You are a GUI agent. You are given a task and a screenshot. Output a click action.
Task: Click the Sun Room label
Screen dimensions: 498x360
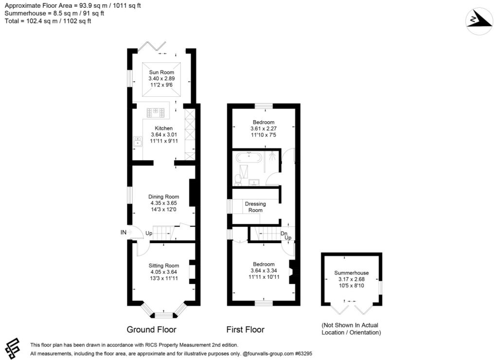click(161, 72)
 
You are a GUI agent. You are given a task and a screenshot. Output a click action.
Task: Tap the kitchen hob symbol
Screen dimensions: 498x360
click(155, 112)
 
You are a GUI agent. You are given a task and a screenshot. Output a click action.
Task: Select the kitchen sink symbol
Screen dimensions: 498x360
click(138, 141)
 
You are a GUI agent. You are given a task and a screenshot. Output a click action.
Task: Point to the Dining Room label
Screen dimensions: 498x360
click(163, 197)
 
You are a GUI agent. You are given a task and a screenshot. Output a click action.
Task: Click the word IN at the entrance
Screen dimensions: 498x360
click(124, 233)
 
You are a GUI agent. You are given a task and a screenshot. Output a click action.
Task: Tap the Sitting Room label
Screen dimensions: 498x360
click(164, 266)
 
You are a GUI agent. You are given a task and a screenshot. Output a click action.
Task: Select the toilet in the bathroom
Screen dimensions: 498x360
click(238, 180)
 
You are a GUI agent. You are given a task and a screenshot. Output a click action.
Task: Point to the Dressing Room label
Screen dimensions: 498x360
click(255, 207)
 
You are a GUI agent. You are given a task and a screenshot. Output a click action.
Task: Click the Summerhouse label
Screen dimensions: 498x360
click(351, 272)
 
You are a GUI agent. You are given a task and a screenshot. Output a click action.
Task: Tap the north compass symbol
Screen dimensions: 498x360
click(479, 21)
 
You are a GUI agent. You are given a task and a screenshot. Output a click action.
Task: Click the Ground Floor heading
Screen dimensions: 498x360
click(152, 329)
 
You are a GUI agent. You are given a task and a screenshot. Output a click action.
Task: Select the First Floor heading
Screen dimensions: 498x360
click(246, 329)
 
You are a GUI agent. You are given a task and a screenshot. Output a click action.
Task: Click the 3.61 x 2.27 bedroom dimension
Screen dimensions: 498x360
click(264, 128)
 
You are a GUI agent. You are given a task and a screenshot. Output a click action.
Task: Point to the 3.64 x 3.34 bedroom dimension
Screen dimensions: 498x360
click(264, 270)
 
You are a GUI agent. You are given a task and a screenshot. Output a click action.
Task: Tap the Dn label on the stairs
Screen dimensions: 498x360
click(284, 234)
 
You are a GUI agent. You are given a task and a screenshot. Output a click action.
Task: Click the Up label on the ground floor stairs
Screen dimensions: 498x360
click(149, 233)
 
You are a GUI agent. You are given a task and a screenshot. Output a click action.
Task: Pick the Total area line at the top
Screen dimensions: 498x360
click(48, 21)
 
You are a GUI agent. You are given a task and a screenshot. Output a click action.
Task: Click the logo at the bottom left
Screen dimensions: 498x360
click(13, 348)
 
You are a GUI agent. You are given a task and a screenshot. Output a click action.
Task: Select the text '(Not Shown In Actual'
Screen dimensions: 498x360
click(350, 325)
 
